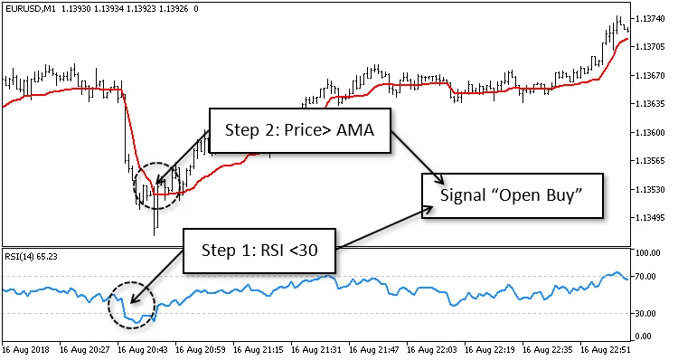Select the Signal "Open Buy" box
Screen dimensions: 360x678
click(510, 194)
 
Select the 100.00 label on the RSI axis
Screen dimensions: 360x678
click(653, 253)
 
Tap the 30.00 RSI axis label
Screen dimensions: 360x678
click(652, 313)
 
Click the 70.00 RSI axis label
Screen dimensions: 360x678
click(652, 276)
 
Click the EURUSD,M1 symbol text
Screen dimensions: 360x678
click(30, 8)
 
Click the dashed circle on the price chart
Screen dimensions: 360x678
click(155, 185)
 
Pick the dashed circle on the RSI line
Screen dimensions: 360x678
click(131, 305)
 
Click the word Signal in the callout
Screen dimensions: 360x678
click(463, 194)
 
